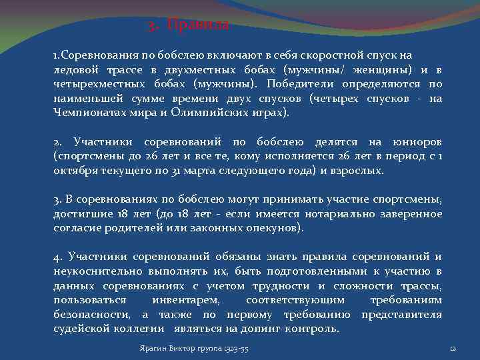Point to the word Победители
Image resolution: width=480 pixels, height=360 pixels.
pyautogui.click(x=301, y=84)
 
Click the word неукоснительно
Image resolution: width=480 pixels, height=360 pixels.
pyautogui.click(x=93, y=271)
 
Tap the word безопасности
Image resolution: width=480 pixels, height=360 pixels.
pyautogui.click(x=91, y=315)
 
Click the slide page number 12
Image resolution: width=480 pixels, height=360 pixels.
pyautogui.click(x=453, y=349)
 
